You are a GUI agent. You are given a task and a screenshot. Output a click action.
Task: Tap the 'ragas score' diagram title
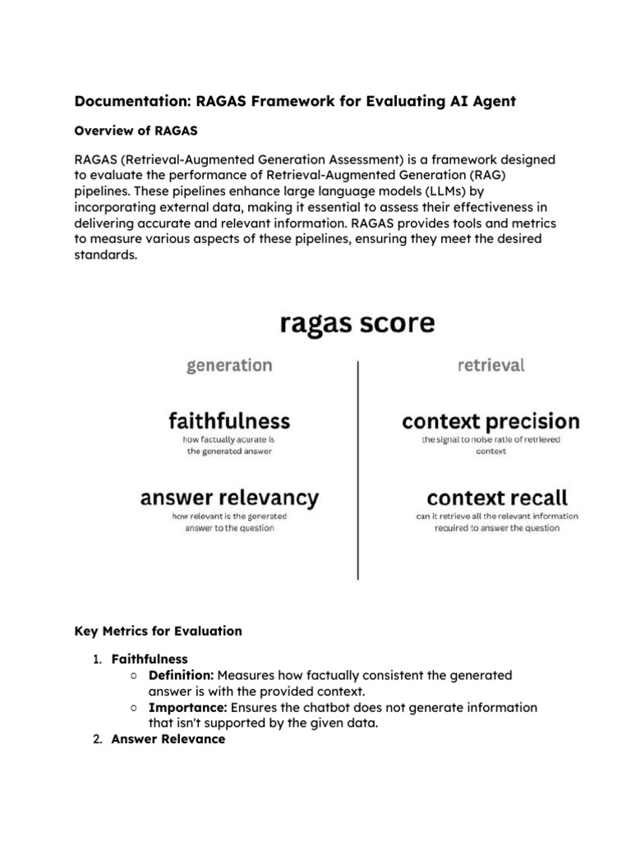coord(357,323)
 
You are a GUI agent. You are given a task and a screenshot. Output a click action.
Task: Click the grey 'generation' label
coord(229,365)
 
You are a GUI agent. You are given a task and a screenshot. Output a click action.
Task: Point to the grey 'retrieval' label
coord(491,365)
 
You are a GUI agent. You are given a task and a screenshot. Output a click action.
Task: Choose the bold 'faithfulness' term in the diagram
coord(229,421)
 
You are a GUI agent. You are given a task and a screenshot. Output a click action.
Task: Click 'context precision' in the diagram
coord(491,422)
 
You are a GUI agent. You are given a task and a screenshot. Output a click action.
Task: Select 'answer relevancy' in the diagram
coord(229,497)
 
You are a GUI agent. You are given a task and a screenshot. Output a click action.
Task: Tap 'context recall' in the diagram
coord(497,497)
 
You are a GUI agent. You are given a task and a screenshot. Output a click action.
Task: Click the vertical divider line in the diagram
coord(357,468)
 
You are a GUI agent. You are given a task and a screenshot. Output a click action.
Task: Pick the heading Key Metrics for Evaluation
coord(159,631)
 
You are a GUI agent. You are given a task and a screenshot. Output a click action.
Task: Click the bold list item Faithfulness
coord(150,659)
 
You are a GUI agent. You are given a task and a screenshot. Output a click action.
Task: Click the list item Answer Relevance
coord(168,739)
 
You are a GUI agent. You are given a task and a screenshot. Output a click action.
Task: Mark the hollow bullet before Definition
coord(133,676)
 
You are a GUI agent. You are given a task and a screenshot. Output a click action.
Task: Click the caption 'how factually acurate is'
coord(229,439)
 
